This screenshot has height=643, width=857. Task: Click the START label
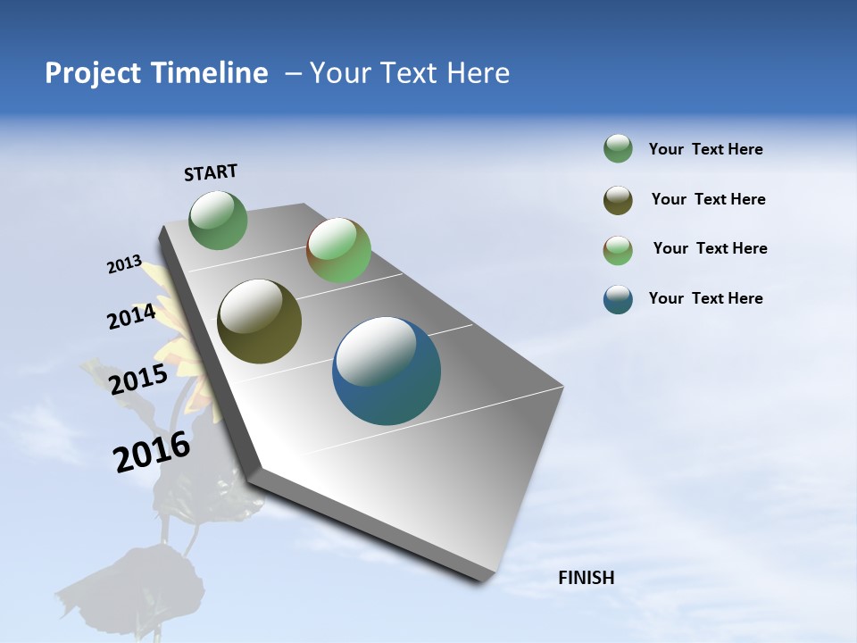[211, 172]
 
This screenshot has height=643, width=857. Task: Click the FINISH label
[587, 578]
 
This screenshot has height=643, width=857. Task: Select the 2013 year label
[124, 264]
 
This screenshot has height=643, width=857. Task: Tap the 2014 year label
[131, 317]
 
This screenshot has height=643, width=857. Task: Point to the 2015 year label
[137, 379]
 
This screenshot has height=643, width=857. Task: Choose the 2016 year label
[152, 452]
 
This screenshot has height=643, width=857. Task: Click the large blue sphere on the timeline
[387, 371]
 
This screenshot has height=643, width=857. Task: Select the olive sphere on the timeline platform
[260, 321]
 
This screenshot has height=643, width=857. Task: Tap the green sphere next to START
[219, 220]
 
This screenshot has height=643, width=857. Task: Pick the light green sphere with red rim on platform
[338, 250]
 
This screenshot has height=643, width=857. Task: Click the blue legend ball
[618, 299]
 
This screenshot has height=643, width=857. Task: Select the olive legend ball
[618, 200]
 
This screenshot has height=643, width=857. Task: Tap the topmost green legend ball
[618, 149]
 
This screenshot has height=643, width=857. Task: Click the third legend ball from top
[618, 250]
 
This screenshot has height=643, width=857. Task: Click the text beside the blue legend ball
[705, 298]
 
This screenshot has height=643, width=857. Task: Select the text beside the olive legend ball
[708, 199]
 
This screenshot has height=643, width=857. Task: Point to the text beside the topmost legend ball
[705, 149]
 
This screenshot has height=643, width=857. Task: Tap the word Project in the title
[91, 73]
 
